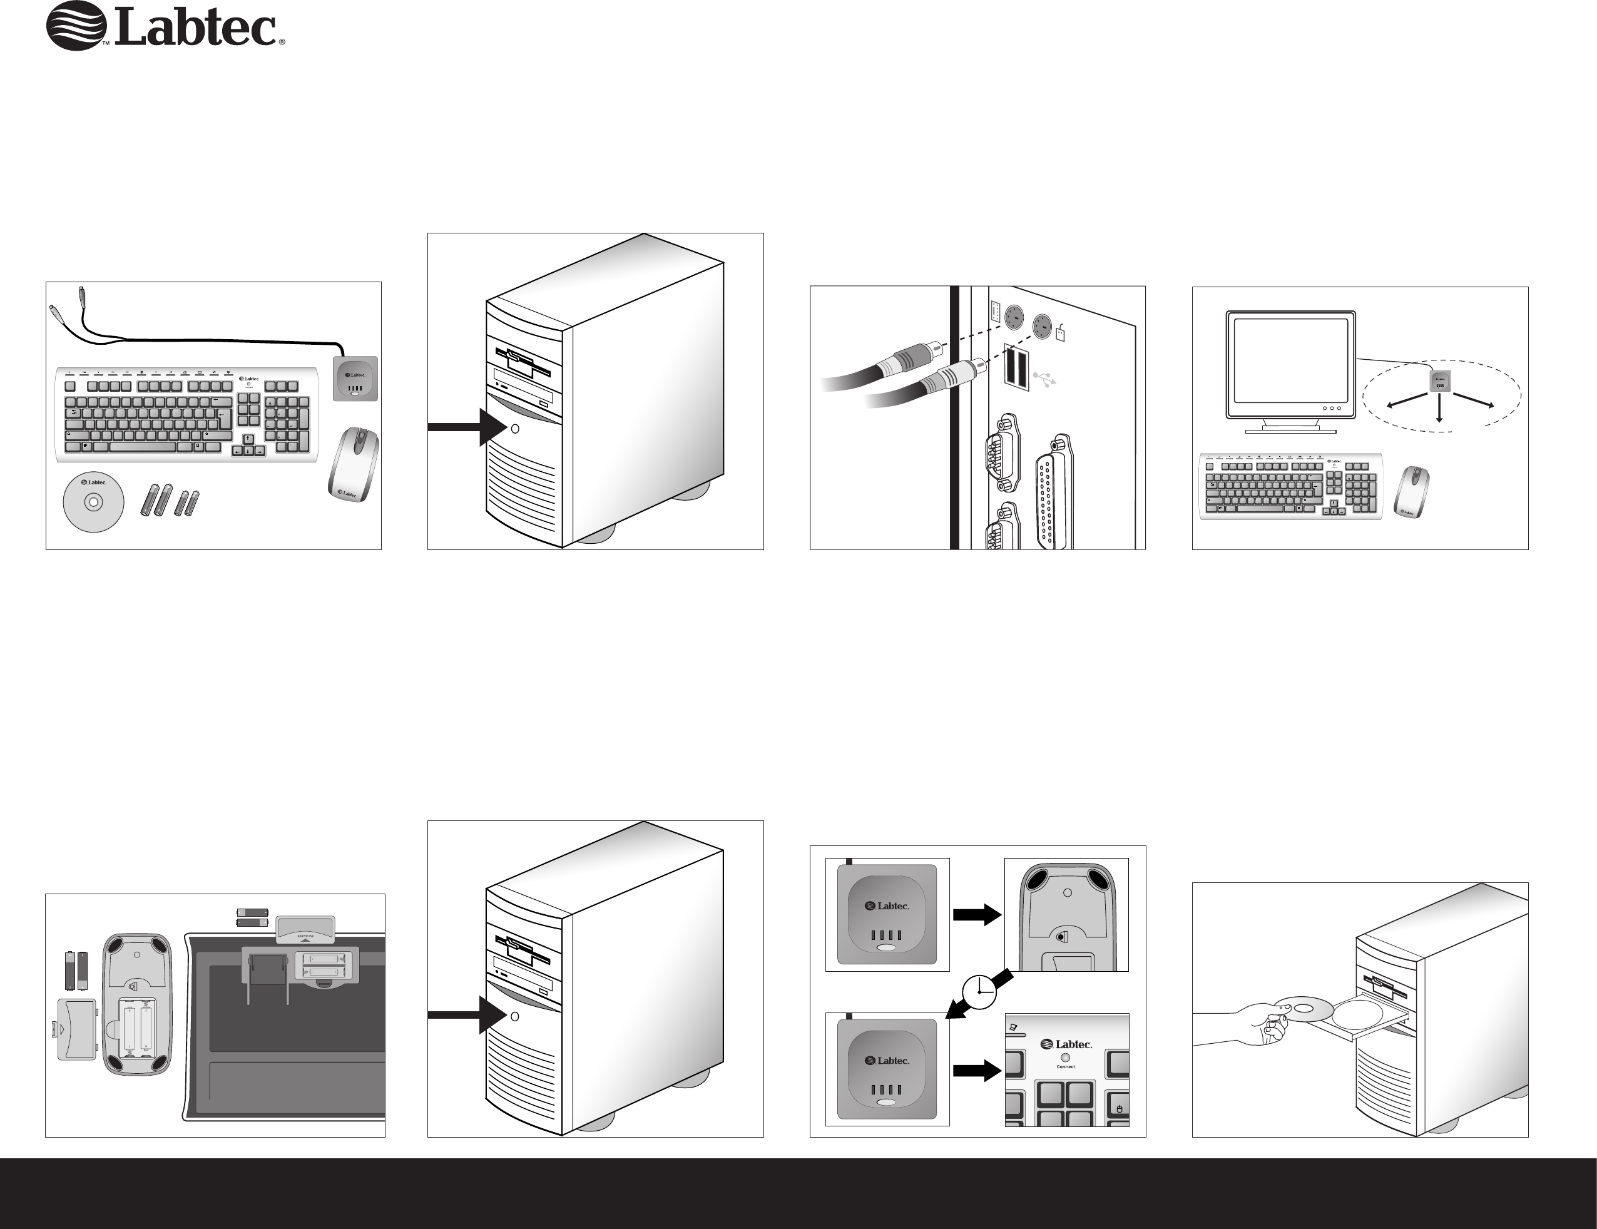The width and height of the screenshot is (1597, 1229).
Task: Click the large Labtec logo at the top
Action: (x=165, y=27)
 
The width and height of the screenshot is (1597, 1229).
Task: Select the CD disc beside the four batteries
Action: (x=94, y=502)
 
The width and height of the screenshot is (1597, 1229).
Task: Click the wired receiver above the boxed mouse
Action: (x=355, y=379)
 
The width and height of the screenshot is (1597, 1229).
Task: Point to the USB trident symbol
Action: (x=1045, y=379)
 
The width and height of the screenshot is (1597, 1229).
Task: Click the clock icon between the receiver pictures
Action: (x=979, y=991)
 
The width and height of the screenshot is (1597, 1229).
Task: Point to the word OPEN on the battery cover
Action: (x=305, y=936)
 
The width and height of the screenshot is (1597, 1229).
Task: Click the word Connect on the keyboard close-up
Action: (x=1066, y=1067)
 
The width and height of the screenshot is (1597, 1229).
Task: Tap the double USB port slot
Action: (x=1015, y=365)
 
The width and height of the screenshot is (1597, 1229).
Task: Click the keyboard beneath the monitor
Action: (x=1290, y=487)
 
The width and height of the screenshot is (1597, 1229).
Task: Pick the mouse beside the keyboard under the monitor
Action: (x=1411, y=492)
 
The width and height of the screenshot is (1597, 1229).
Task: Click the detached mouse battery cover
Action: (x=76, y=1029)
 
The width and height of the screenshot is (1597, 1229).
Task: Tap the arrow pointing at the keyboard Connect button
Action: (x=976, y=1070)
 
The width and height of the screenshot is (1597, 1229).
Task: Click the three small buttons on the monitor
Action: (x=1332, y=409)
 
